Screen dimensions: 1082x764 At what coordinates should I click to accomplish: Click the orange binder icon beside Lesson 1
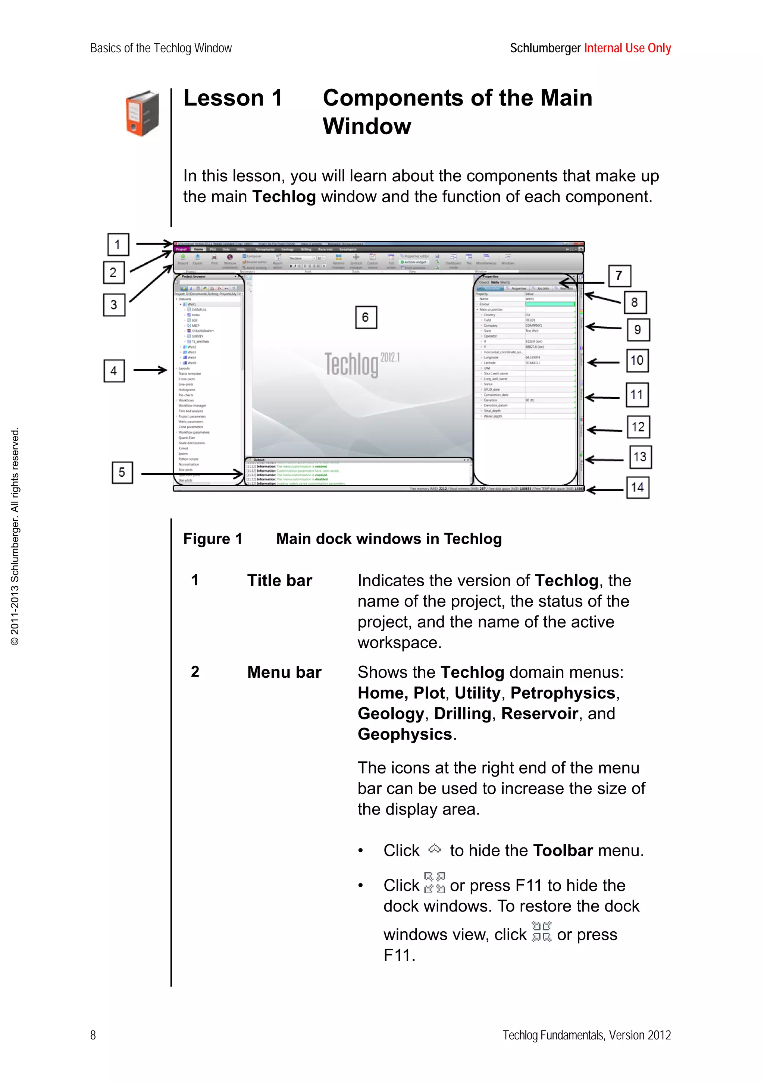point(142,113)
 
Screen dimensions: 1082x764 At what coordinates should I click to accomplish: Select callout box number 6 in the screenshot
point(366,317)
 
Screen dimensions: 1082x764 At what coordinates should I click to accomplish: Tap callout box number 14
point(637,487)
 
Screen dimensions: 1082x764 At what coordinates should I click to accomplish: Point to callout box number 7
point(619,276)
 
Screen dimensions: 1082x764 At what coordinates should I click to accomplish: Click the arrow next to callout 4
point(150,370)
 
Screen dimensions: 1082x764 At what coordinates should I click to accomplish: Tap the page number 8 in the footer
point(93,1035)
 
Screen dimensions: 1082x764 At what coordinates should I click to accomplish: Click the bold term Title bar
point(279,581)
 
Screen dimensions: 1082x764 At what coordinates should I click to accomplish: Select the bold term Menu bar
point(284,672)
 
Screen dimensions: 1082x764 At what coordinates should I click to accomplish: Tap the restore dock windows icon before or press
point(541,932)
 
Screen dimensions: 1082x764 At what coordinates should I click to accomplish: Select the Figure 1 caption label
point(213,539)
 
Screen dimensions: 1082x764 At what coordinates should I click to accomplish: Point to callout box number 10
point(637,361)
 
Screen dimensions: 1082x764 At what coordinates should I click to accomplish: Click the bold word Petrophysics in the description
point(563,693)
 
